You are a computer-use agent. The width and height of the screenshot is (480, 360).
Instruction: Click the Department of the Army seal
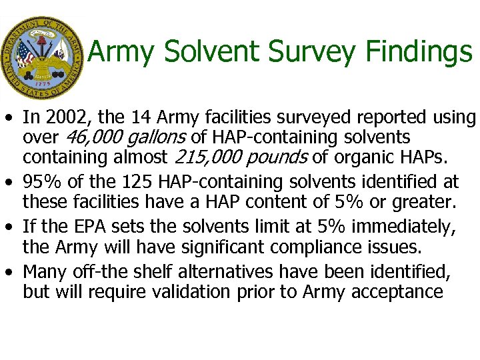[x=41, y=58]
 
